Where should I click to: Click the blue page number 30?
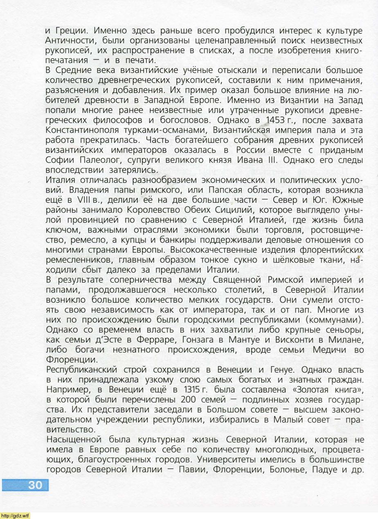[x=35, y=485]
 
